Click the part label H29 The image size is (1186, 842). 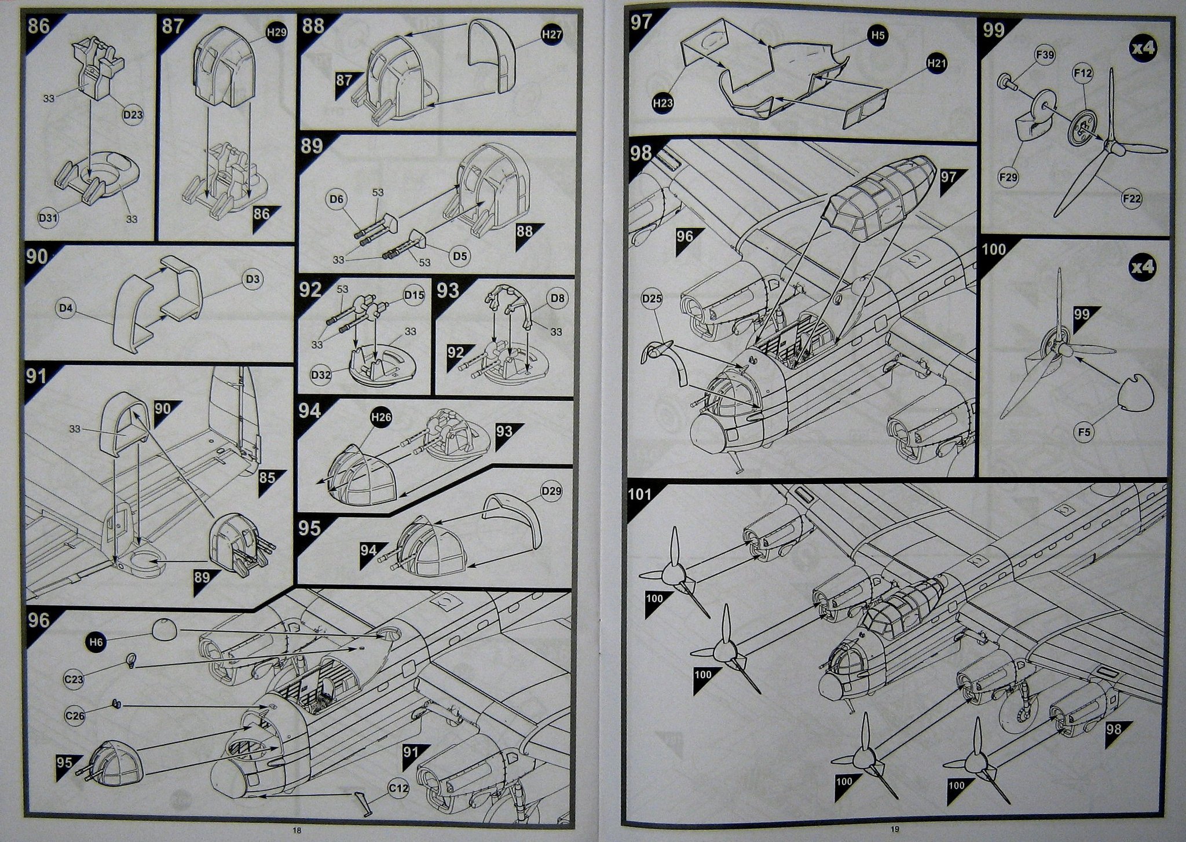point(276,33)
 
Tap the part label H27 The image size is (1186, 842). point(552,35)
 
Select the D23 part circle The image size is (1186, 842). point(133,114)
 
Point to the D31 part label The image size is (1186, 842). point(48,218)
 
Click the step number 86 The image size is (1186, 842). point(38,27)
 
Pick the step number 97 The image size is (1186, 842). point(641,23)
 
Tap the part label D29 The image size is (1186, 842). point(551,492)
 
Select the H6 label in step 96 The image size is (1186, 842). point(96,642)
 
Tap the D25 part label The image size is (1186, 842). point(652,299)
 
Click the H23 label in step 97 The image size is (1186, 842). point(662,104)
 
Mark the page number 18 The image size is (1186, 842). point(297,830)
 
